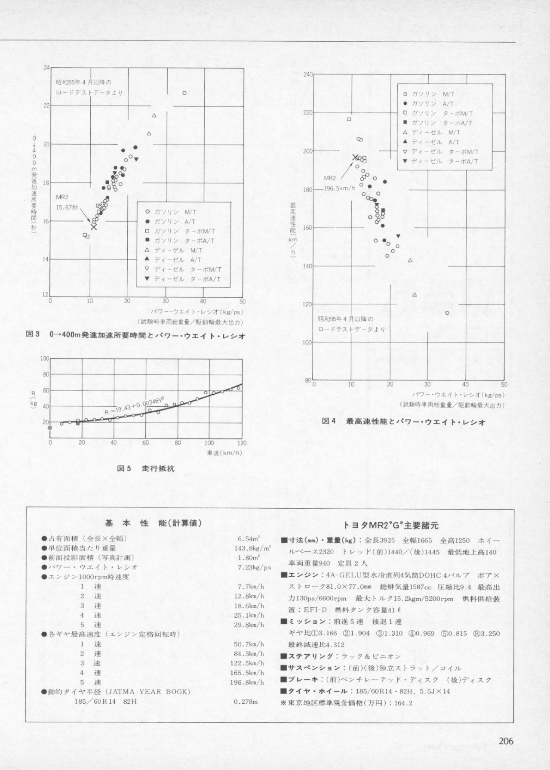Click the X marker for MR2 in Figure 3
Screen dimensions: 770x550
94,227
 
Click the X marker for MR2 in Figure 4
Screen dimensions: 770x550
355,158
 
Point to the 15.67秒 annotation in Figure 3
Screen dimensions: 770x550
67,207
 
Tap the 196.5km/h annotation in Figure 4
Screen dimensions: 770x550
340,188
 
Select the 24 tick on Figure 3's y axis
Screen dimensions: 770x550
46,68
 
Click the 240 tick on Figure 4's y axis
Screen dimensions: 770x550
307,74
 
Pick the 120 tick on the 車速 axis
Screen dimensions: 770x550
242,443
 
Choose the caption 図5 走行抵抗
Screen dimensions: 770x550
146,468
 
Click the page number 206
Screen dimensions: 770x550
506,741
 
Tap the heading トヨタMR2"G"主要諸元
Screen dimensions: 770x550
390,525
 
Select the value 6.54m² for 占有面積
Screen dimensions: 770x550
248,538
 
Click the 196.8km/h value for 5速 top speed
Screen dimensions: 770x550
249,682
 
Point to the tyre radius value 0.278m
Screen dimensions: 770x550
246,702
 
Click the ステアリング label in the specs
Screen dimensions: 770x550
310,656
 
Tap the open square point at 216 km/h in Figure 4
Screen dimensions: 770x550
349,119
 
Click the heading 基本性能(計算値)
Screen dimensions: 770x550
153,523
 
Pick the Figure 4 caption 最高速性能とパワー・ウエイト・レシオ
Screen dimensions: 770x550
416,422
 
